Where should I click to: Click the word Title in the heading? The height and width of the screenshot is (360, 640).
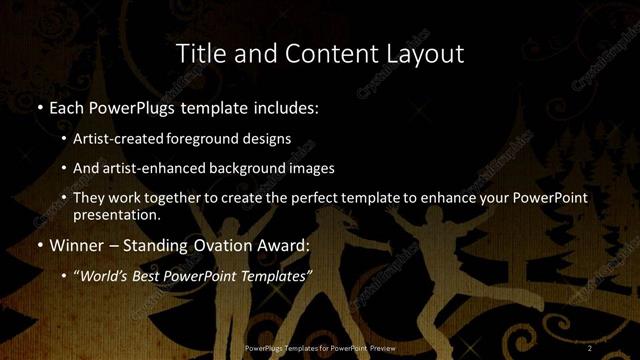(x=198, y=54)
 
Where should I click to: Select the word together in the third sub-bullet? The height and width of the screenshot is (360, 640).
(x=176, y=198)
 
